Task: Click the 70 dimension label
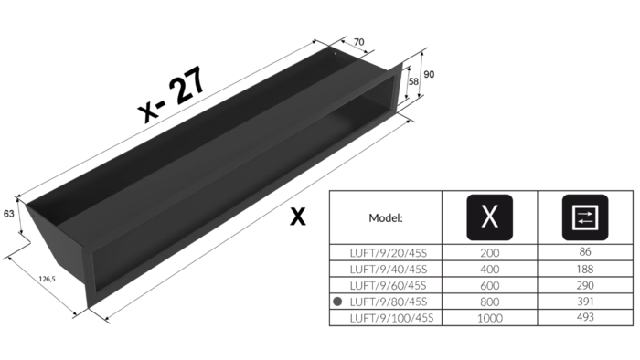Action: pyautogui.click(x=358, y=42)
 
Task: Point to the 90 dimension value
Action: pyautogui.click(x=429, y=75)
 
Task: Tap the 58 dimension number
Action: pyautogui.click(x=413, y=82)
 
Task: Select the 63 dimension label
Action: pyautogui.click(x=8, y=214)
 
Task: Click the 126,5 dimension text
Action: pyautogui.click(x=47, y=279)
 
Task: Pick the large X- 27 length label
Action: pyautogui.click(x=172, y=95)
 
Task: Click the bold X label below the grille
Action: pyautogui.click(x=297, y=217)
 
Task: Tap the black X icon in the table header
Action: pyautogui.click(x=489, y=217)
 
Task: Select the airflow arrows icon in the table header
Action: pyautogui.click(x=585, y=217)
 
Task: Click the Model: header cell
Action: pyautogui.click(x=386, y=218)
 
